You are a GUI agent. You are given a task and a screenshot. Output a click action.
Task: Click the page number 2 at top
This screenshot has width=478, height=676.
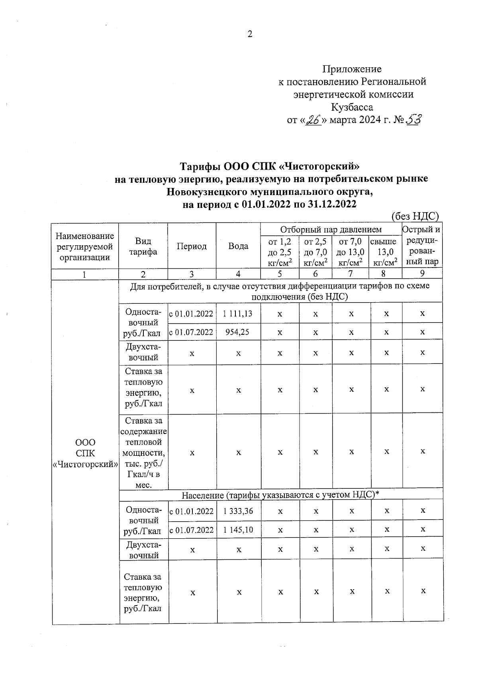pyautogui.click(x=250, y=34)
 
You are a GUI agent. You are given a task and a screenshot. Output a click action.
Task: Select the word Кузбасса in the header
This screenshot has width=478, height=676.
pyautogui.click(x=352, y=107)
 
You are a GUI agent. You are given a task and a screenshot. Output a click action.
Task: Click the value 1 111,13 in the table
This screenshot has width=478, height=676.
pyautogui.click(x=238, y=313)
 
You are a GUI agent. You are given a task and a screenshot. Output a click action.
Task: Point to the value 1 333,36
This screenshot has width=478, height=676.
pyautogui.click(x=238, y=511)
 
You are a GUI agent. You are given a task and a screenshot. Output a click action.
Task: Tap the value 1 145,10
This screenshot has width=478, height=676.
pyautogui.click(x=238, y=530)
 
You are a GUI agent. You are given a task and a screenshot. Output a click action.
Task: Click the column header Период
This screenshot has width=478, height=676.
pyautogui.click(x=192, y=246)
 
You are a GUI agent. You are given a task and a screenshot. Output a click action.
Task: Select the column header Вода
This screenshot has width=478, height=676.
pyautogui.click(x=238, y=246)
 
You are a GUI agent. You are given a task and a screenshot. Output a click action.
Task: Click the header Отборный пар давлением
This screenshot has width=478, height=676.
pyautogui.click(x=331, y=230)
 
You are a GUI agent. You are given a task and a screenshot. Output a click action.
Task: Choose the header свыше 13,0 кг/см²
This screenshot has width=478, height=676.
pyautogui.click(x=385, y=252)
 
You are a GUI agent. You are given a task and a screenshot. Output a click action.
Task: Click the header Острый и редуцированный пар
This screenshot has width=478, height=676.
pyautogui.click(x=422, y=246)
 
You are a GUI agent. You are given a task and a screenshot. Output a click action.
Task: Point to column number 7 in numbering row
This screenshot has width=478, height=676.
pyautogui.click(x=351, y=274)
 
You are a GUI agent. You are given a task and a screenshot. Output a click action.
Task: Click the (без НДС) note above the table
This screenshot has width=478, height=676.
pyautogui.click(x=415, y=216)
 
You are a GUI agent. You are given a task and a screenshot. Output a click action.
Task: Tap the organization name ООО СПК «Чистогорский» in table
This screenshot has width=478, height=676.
pyautogui.click(x=85, y=453)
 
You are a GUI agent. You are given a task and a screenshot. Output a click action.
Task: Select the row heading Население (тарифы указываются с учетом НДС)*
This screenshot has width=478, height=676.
pyautogui.click(x=280, y=494)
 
